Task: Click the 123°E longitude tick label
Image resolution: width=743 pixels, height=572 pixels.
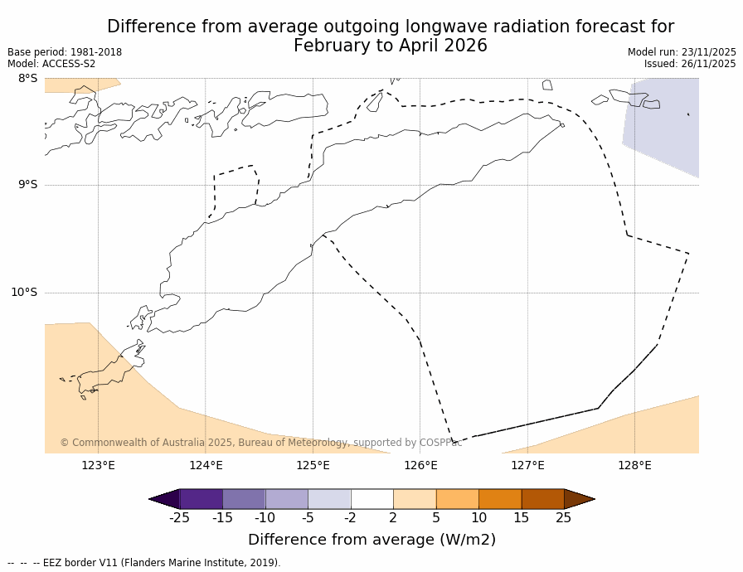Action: [98, 465]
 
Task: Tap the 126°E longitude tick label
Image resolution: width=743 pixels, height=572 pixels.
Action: [420, 465]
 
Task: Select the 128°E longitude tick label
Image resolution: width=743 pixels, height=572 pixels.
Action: [634, 465]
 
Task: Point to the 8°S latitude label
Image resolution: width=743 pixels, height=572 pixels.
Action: [27, 79]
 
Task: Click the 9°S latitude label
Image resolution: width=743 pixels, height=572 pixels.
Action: [27, 185]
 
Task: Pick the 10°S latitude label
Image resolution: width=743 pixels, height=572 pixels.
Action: [24, 292]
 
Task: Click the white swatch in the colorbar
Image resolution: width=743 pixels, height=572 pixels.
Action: [371, 499]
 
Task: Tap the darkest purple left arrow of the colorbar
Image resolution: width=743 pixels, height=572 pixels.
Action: [166, 499]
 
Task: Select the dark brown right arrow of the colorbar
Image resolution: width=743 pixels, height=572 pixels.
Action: [578, 499]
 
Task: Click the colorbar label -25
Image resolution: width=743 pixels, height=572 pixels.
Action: [178, 518]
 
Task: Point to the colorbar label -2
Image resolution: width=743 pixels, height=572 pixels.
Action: [350, 518]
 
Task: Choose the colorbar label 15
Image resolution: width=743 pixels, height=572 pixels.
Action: [521, 518]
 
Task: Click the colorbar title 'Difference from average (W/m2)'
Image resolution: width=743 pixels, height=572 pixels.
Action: [371, 540]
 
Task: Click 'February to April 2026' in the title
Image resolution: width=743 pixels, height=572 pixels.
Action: [390, 46]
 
